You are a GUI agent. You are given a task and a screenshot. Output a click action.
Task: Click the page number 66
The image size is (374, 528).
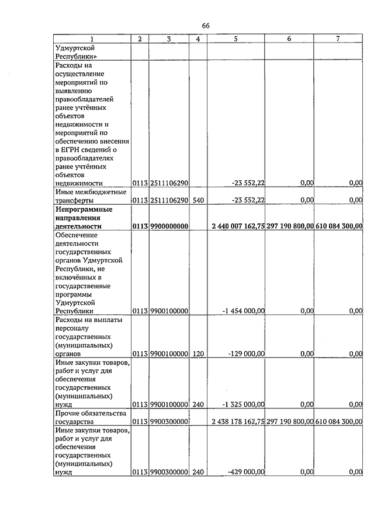click(x=206, y=26)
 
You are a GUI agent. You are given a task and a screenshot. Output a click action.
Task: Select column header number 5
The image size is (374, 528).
click(x=236, y=39)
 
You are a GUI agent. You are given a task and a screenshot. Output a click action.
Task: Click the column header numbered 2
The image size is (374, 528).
click(x=140, y=39)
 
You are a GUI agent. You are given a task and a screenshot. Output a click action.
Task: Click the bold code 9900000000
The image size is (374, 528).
click(x=169, y=226)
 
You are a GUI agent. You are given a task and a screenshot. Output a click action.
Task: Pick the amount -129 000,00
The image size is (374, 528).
click(x=246, y=354)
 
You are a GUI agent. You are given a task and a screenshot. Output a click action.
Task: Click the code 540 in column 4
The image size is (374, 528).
click(x=198, y=200)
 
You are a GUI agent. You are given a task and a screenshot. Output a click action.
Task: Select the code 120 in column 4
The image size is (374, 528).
click(x=198, y=354)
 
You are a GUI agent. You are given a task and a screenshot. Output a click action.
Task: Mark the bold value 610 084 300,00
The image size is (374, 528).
click(x=340, y=226)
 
